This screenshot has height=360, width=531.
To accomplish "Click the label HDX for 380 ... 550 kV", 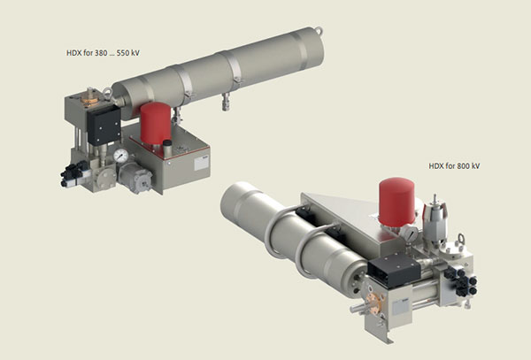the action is click(103, 53).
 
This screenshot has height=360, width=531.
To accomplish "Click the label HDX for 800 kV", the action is click(454, 166).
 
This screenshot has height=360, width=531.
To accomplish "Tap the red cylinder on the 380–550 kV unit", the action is click(156, 123).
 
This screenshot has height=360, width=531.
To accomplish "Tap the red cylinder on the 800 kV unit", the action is click(396, 202).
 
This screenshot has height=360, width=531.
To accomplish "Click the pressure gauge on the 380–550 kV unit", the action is click(121, 156).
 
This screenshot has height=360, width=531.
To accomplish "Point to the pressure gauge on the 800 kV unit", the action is click(410, 234).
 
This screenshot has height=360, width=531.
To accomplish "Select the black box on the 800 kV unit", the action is click(394, 271).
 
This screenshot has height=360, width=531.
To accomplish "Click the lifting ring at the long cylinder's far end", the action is click(319, 31).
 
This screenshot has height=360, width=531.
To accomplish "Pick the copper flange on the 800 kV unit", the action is click(373, 303).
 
